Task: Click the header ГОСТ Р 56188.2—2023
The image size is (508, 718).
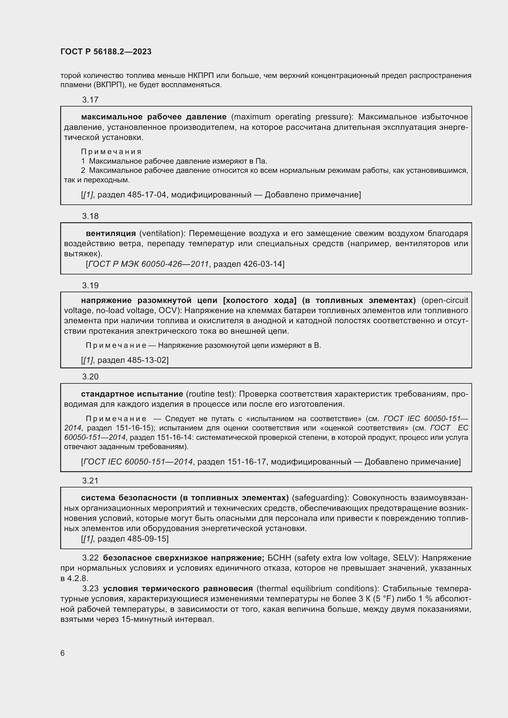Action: coord(106,52)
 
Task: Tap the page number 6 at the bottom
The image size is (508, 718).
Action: coord(63,653)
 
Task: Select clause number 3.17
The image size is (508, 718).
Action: coord(90,100)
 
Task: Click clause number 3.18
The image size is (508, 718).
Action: coord(90,216)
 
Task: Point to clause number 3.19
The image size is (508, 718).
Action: coord(90,285)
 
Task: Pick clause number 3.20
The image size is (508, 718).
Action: coord(90,377)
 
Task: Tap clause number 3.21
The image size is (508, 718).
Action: coord(90,480)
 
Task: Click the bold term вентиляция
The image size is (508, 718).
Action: coord(111,233)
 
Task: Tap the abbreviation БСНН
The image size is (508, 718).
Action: coord(279,558)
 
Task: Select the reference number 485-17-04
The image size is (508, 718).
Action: coord(147,195)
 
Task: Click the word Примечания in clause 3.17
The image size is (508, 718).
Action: coord(111,152)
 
